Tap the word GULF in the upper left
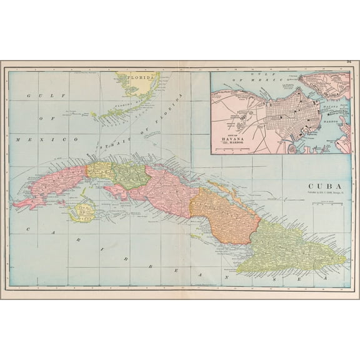click(x=38, y=96)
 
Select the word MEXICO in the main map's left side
click(x=36, y=139)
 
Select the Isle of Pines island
click(x=82, y=211)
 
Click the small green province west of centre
click(x=132, y=175)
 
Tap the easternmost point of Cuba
click(x=346, y=255)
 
